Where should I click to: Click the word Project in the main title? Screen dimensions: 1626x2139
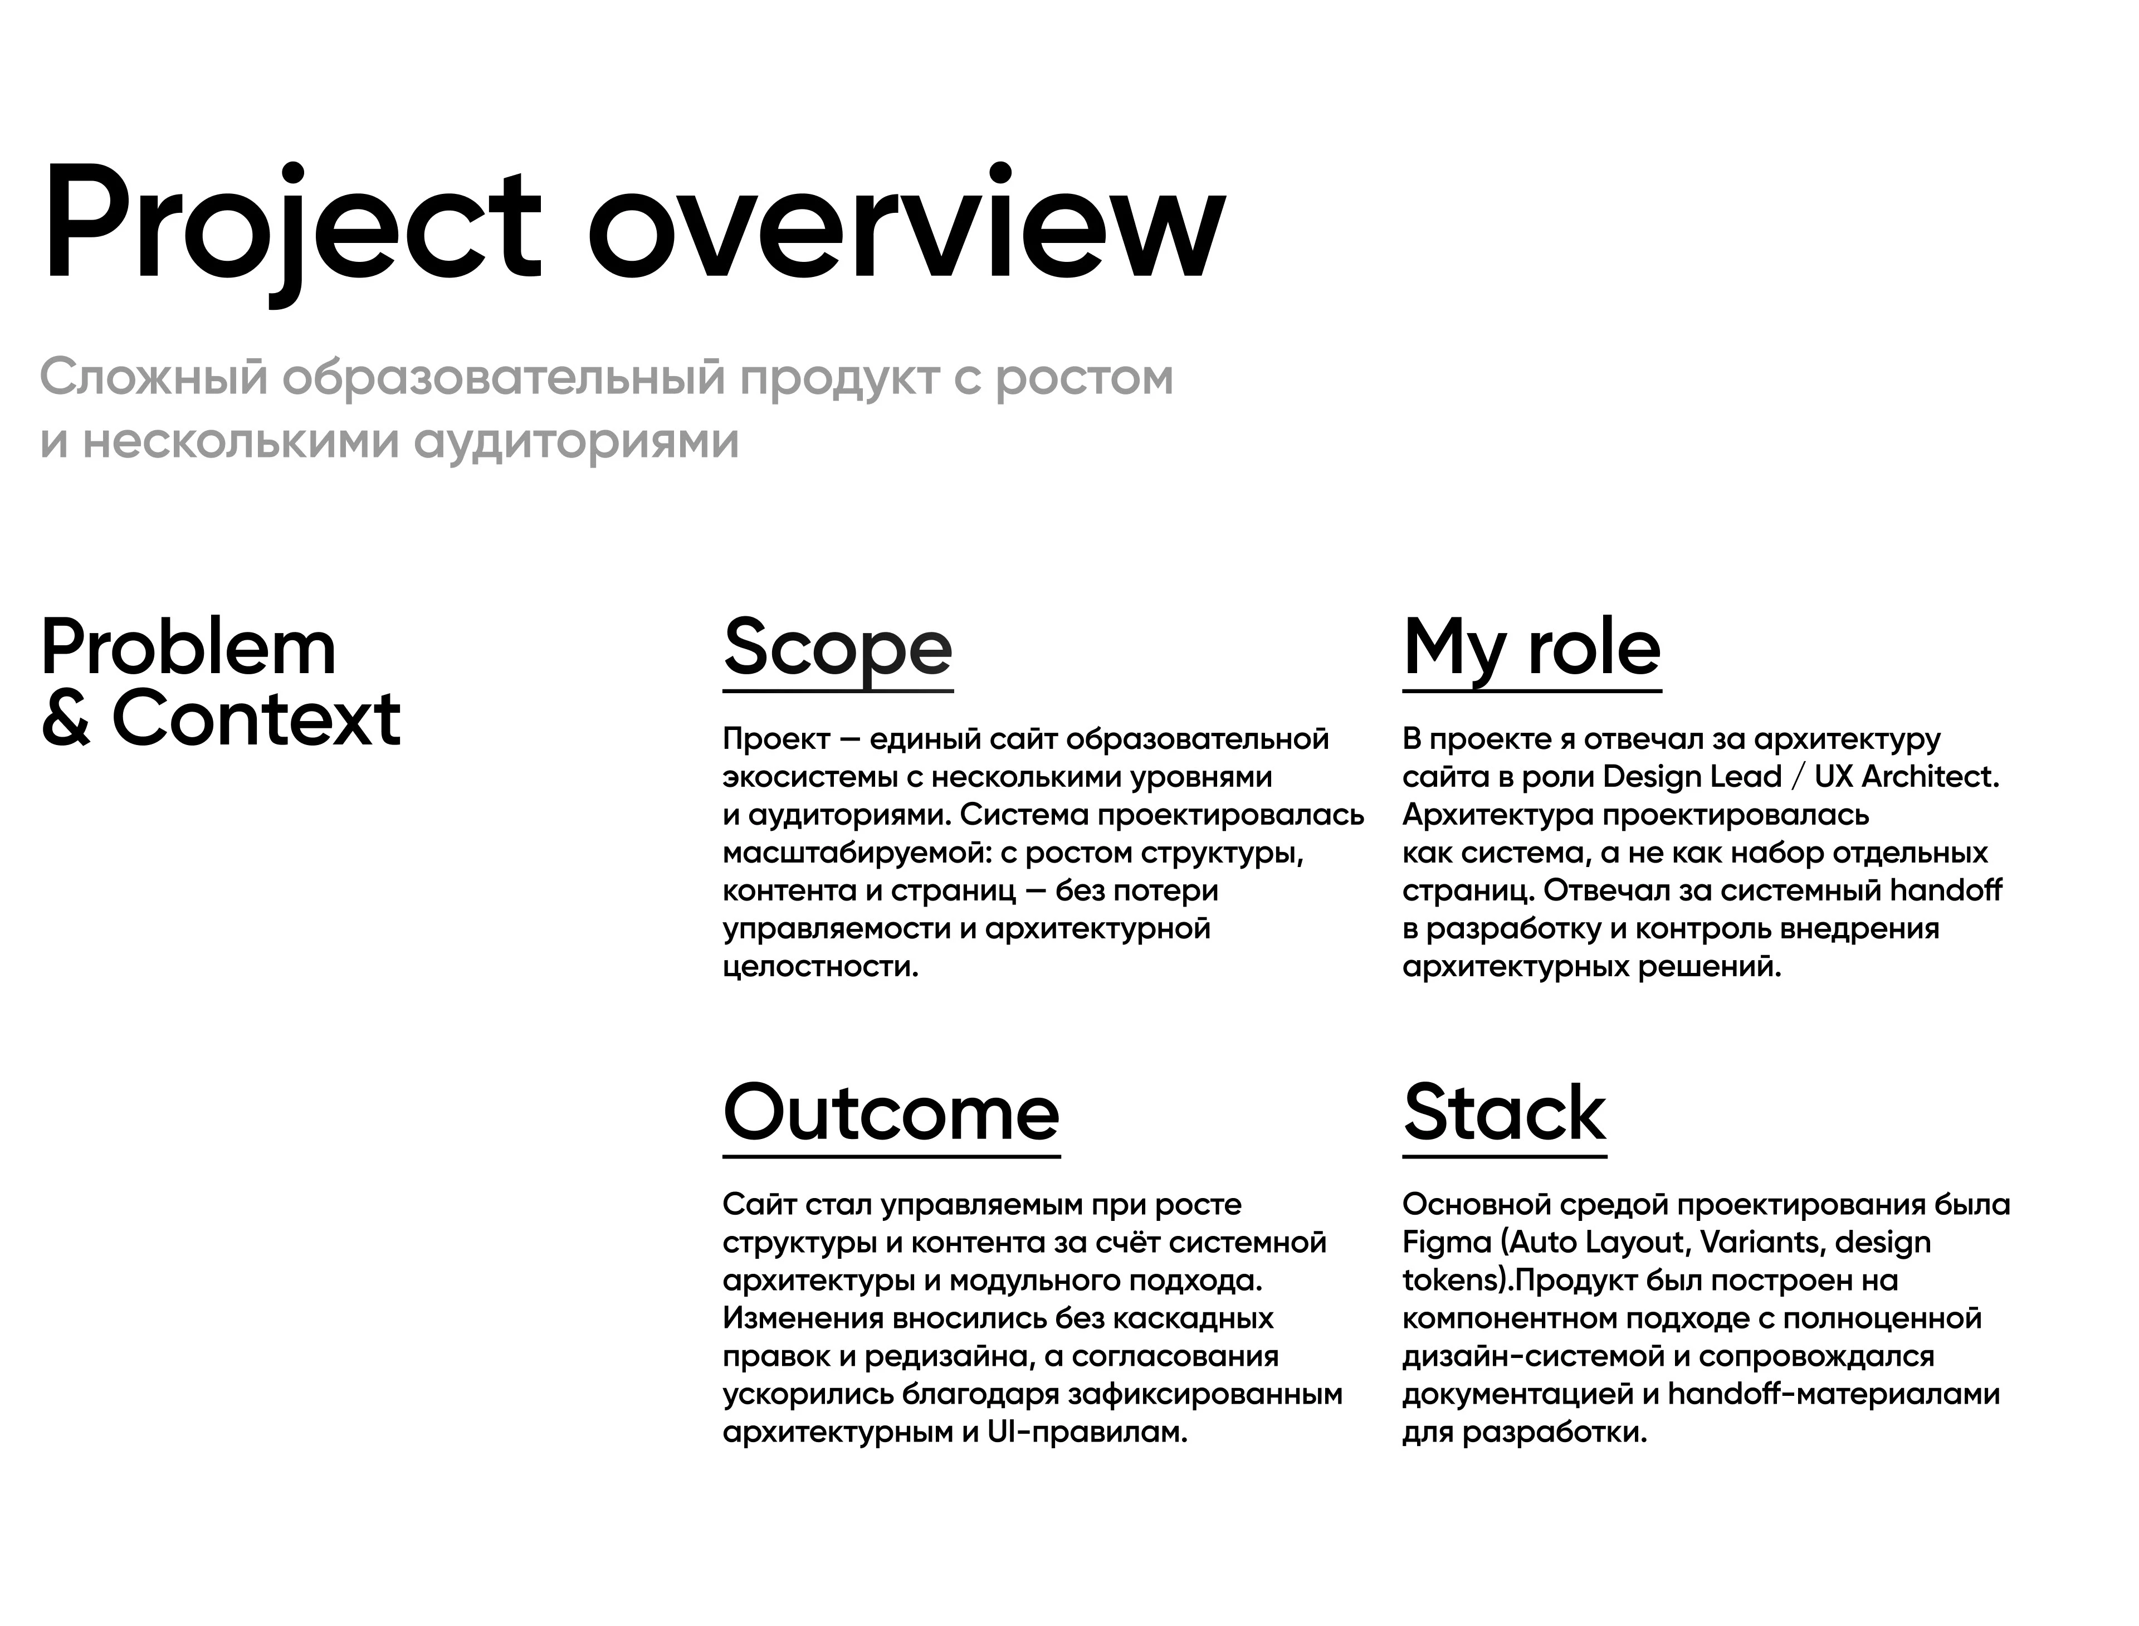tap(290, 227)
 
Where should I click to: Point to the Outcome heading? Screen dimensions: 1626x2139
tap(891, 1112)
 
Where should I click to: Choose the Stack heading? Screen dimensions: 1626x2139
tap(1505, 1112)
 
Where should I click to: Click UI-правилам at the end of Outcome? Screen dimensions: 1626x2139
tap(1086, 1432)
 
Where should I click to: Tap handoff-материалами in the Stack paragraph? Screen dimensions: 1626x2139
tap(1833, 1394)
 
